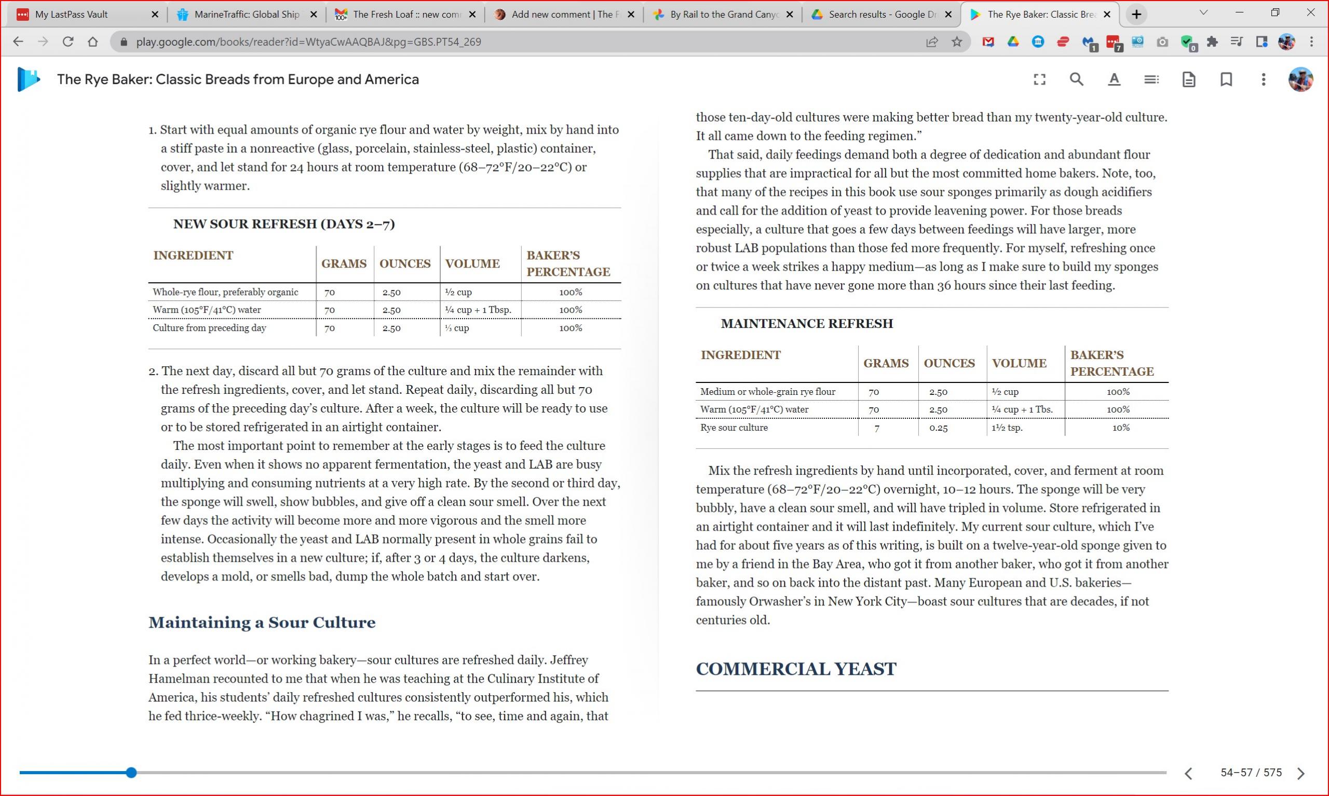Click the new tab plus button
[x=1136, y=15]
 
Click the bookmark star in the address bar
[x=957, y=42]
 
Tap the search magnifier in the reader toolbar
[x=1077, y=79]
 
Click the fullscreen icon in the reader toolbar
[x=1039, y=79]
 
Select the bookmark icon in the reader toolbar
[x=1226, y=79]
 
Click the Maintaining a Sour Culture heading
[x=262, y=622]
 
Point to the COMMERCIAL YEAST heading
[x=796, y=669]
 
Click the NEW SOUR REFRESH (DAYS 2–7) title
[x=283, y=223]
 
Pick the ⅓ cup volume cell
[x=457, y=328]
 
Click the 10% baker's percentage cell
[x=1120, y=428]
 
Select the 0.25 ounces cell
[x=938, y=428]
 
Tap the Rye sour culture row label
[x=734, y=428]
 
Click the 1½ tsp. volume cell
[x=1007, y=428]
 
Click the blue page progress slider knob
[x=131, y=773]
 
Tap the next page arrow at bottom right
[x=1300, y=773]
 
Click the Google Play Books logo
[x=29, y=79]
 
